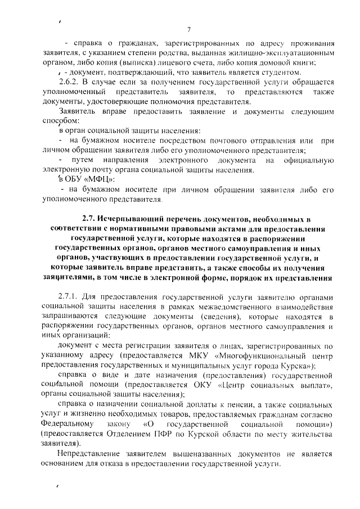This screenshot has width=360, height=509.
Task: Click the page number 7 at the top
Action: pos(189,30)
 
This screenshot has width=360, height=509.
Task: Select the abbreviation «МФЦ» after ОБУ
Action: pos(101,179)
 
